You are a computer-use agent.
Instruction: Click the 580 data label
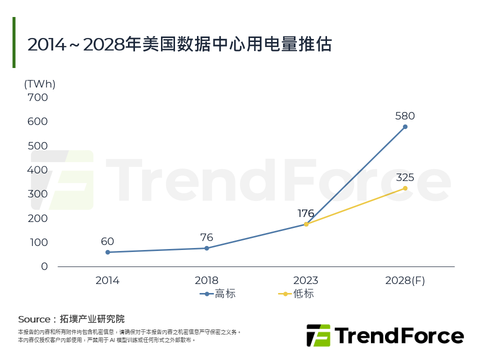[x=405, y=116]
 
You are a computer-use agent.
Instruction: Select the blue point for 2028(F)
[x=405, y=126]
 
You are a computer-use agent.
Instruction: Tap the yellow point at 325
[x=405, y=188]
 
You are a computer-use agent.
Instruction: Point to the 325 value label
[x=405, y=177]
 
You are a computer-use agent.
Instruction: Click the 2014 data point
[x=107, y=252]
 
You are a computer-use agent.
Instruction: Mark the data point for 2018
[x=206, y=248]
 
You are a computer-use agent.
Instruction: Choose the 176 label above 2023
[x=306, y=214]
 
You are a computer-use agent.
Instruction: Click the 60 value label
[x=107, y=241]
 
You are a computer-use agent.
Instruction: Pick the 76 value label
[x=206, y=237]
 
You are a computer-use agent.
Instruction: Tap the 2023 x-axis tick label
[x=306, y=280]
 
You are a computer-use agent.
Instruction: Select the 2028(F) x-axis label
[x=405, y=280]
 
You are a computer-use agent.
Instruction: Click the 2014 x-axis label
[x=107, y=280]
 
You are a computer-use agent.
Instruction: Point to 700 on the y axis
[x=38, y=97]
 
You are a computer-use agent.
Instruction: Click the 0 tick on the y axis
[x=44, y=266]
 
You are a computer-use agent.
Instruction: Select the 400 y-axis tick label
[x=38, y=170]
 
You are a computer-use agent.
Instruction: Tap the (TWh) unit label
[x=40, y=84]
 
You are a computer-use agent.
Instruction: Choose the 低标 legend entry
[x=296, y=294]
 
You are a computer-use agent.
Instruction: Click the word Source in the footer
[x=34, y=319]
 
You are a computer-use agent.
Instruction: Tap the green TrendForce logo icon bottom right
[x=318, y=335]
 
